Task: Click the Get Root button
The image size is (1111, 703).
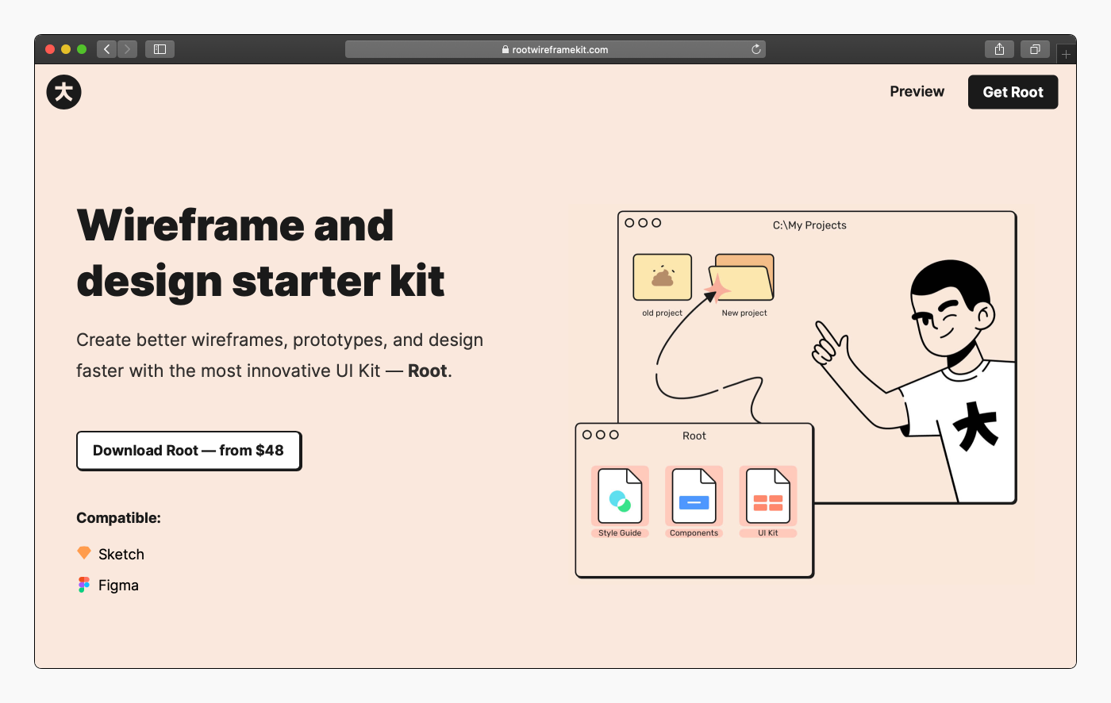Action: [x=1013, y=92]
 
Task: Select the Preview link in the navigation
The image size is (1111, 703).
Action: [x=917, y=92]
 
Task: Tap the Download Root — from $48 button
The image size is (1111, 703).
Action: [x=189, y=451]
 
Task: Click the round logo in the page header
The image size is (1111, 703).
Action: [x=64, y=92]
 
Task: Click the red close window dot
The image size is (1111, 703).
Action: [x=49, y=49]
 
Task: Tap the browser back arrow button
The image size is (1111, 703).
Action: [x=106, y=49]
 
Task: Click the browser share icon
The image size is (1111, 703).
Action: [x=999, y=49]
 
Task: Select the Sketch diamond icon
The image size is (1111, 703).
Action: [x=84, y=553]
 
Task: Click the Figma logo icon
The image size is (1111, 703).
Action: [x=84, y=585]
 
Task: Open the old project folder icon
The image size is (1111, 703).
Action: [x=662, y=277]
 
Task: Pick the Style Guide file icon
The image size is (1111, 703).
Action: [x=620, y=496]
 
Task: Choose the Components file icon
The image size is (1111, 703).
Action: [x=694, y=496]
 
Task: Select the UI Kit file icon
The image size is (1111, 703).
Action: [x=768, y=496]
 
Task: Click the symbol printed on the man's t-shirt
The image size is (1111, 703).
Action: [x=975, y=426]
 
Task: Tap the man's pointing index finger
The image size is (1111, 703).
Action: [x=827, y=333]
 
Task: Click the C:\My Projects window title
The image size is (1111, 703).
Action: [x=809, y=225]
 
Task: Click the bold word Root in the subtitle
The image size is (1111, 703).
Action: [x=427, y=371]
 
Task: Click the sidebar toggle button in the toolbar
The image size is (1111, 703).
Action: [x=160, y=49]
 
